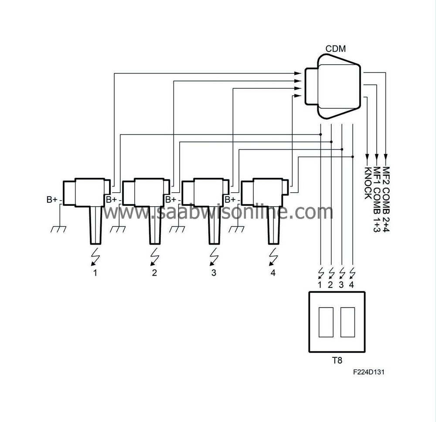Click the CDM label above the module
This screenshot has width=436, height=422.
[x=335, y=48]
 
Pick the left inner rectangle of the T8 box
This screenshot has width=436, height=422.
[x=326, y=322]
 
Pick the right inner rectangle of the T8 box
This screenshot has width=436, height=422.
[x=347, y=322]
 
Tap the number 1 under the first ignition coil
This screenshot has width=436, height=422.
[x=95, y=273]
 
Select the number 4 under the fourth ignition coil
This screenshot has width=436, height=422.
[x=272, y=273]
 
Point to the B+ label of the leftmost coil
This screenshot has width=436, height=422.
[x=52, y=200]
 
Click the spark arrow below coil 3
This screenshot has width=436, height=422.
[x=213, y=258]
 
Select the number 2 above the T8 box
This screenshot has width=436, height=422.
[x=330, y=285]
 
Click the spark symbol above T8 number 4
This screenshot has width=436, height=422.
[x=352, y=273]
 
